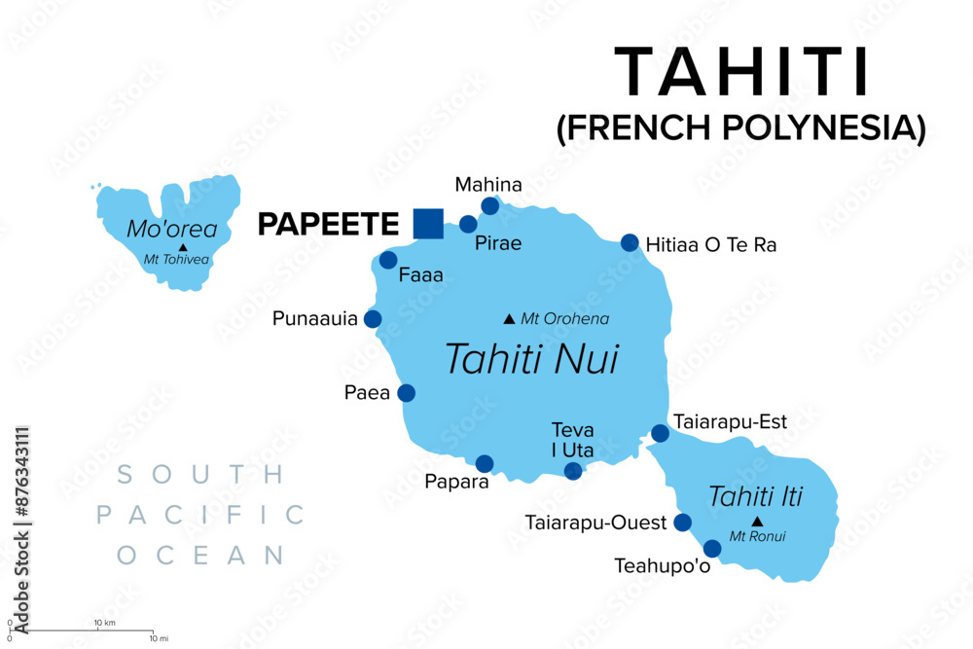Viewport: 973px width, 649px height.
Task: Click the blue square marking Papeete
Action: click(428, 223)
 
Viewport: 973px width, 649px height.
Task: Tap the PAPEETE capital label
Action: click(328, 225)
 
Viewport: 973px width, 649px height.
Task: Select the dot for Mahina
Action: click(490, 205)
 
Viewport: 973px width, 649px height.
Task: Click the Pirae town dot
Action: click(468, 224)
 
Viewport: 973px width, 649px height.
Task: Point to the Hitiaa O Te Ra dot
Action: click(630, 243)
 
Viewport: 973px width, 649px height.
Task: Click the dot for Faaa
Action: click(388, 260)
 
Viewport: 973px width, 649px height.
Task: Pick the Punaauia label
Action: click(315, 318)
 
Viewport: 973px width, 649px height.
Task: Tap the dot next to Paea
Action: click(406, 393)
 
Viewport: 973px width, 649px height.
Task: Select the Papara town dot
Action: click(485, 463)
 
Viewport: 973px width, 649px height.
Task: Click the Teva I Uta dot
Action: click(573, 471)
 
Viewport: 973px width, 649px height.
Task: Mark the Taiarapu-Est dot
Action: click(660, 433)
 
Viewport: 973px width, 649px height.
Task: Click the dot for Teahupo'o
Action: click(712, 549)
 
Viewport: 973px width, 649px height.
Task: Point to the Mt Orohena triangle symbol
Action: click(508, 318)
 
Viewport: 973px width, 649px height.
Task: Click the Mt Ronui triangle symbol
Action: click(757, 522)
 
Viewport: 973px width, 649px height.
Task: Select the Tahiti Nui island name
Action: click(531, 359)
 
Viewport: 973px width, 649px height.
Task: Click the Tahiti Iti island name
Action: click(755, 495)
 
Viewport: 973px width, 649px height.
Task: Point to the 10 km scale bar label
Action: click(104, 622)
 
